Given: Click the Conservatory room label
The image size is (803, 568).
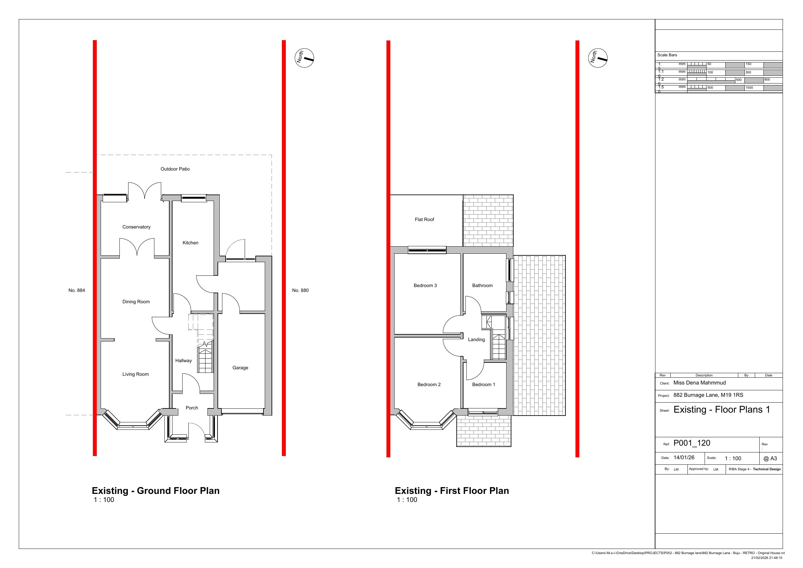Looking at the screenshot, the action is click(136, 227).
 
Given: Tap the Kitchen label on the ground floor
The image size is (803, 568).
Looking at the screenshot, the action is click(190, 243).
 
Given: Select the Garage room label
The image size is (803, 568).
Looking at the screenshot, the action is click(240, 368).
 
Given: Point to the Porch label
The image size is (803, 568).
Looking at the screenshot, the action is click(192, 408).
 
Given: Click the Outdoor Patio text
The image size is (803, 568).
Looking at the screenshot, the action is click(175, 169).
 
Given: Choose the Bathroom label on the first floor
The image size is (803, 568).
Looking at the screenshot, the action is click(482, 285).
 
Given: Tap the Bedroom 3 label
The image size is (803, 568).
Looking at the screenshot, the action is click(425, 285).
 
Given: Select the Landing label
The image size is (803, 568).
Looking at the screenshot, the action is click(476, 340).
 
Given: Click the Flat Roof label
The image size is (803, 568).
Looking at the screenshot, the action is click(424, 219).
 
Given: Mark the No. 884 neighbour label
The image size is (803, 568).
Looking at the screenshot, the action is click(77, 290).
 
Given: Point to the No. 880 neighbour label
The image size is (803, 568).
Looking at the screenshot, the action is click(300, 290).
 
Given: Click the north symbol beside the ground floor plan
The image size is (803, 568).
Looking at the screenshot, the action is click(304, 58).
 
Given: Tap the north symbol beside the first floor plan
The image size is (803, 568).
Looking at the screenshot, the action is click(598, 58).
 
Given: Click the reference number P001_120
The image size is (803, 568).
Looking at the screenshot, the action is click(691, 443).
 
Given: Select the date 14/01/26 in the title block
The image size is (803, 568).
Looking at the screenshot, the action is click(684, 458).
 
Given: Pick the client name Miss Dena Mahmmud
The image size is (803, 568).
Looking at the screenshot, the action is click(699, 383).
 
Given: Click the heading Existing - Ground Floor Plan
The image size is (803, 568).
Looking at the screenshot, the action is click(156, 491).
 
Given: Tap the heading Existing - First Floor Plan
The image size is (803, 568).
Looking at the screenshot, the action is click(452, 491).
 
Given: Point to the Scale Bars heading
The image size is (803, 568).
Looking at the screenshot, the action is click(667, 55).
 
